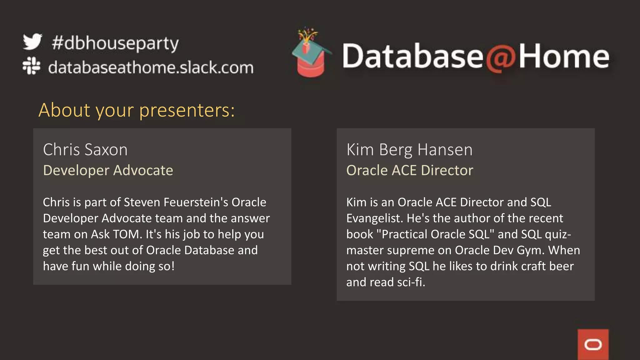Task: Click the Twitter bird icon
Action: (32, 42)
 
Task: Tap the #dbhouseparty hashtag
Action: (115, 43)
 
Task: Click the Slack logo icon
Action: (31, 66)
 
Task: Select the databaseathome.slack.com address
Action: (151, 67)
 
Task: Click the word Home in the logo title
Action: (564, 57)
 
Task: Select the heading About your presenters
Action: (137, 110)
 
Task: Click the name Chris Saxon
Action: (85, 149)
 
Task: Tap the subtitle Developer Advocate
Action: (108, 170)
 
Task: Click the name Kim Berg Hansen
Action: (409, 149)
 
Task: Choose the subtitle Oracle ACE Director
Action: (409, 170)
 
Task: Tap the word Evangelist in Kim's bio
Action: (374, 218)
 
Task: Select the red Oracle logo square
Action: (593, 344)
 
